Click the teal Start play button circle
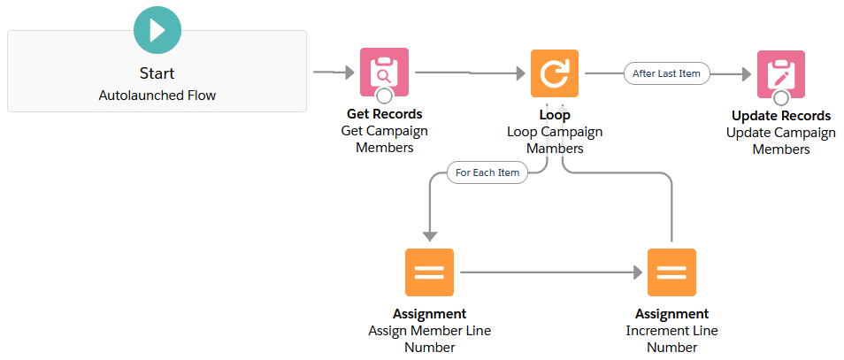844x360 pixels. pos(157,29)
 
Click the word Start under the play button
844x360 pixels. pos(157,73)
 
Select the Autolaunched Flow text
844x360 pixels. pos(157,96)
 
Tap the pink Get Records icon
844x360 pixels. pos(384,72)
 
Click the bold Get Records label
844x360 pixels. pos(384,114)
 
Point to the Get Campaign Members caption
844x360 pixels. pos(384,139)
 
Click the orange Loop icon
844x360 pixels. pos(555,73)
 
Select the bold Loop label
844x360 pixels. pos(555,115)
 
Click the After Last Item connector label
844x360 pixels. pos(666,73)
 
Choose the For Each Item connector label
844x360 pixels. pos(487,172)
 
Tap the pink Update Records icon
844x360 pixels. pos(780,73)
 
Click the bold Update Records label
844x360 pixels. pos(780,116)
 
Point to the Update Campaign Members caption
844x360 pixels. pos(780,141)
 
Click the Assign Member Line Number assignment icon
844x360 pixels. pos(429,272)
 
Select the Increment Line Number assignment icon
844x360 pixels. pos(671,272)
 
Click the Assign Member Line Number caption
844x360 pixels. pos(429,339)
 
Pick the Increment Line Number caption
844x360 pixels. pos(671,339)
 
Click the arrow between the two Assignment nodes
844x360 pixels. pos(549,272)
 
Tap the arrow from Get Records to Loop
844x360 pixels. pos(469,73)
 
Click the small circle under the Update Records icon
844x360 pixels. pos(780,97)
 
